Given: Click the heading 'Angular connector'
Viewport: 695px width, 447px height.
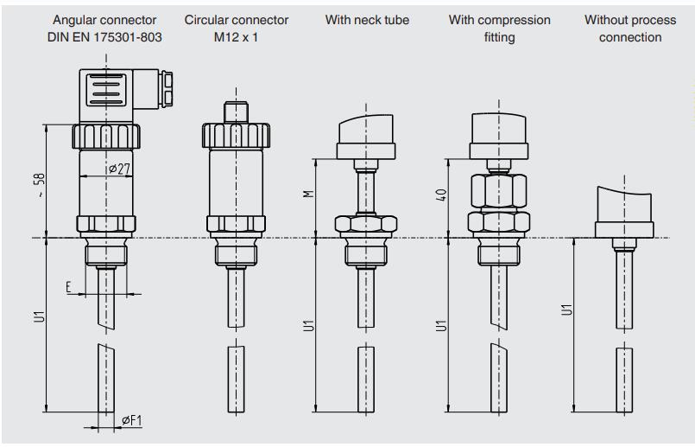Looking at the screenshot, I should [106, 20].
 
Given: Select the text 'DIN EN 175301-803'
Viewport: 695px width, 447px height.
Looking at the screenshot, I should [106, 37].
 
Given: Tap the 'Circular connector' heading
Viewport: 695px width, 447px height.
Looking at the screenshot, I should [237, 20].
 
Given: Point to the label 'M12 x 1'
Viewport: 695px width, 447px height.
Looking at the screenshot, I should [237, 37].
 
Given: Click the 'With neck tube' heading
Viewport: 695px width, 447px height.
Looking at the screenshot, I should [366, 20].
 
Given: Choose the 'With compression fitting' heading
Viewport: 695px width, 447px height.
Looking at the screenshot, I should [499, 29].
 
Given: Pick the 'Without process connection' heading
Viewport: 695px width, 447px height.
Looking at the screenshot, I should [630, 29].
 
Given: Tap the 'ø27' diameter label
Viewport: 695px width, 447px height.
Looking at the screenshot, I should [118, 169].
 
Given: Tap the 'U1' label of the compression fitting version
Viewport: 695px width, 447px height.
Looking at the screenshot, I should [440, 325].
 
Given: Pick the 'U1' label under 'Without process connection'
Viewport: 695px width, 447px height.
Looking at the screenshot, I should [566, 308].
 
